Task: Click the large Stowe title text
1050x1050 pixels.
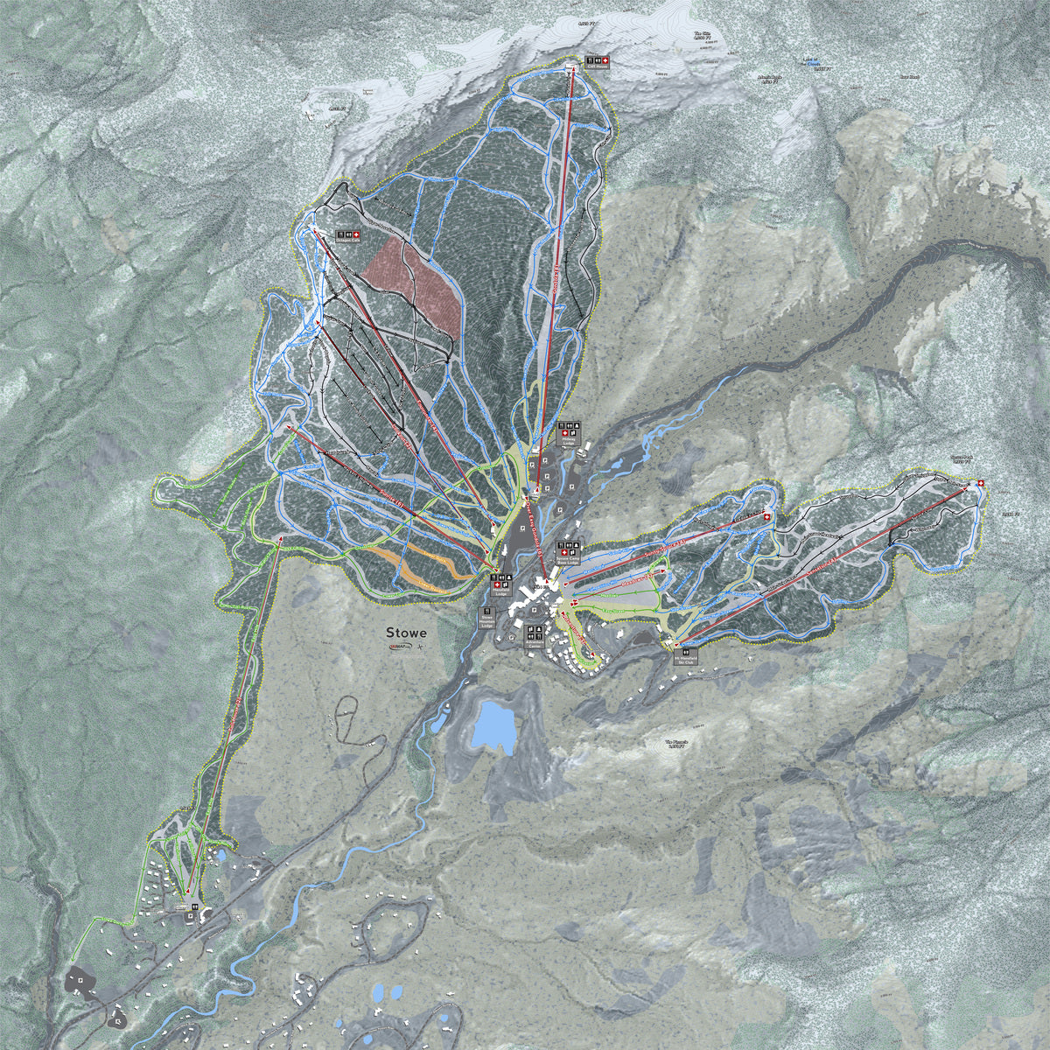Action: [406, 633]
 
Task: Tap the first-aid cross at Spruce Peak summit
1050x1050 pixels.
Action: [980, 484]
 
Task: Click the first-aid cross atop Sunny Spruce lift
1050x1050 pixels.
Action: [767, 517]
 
